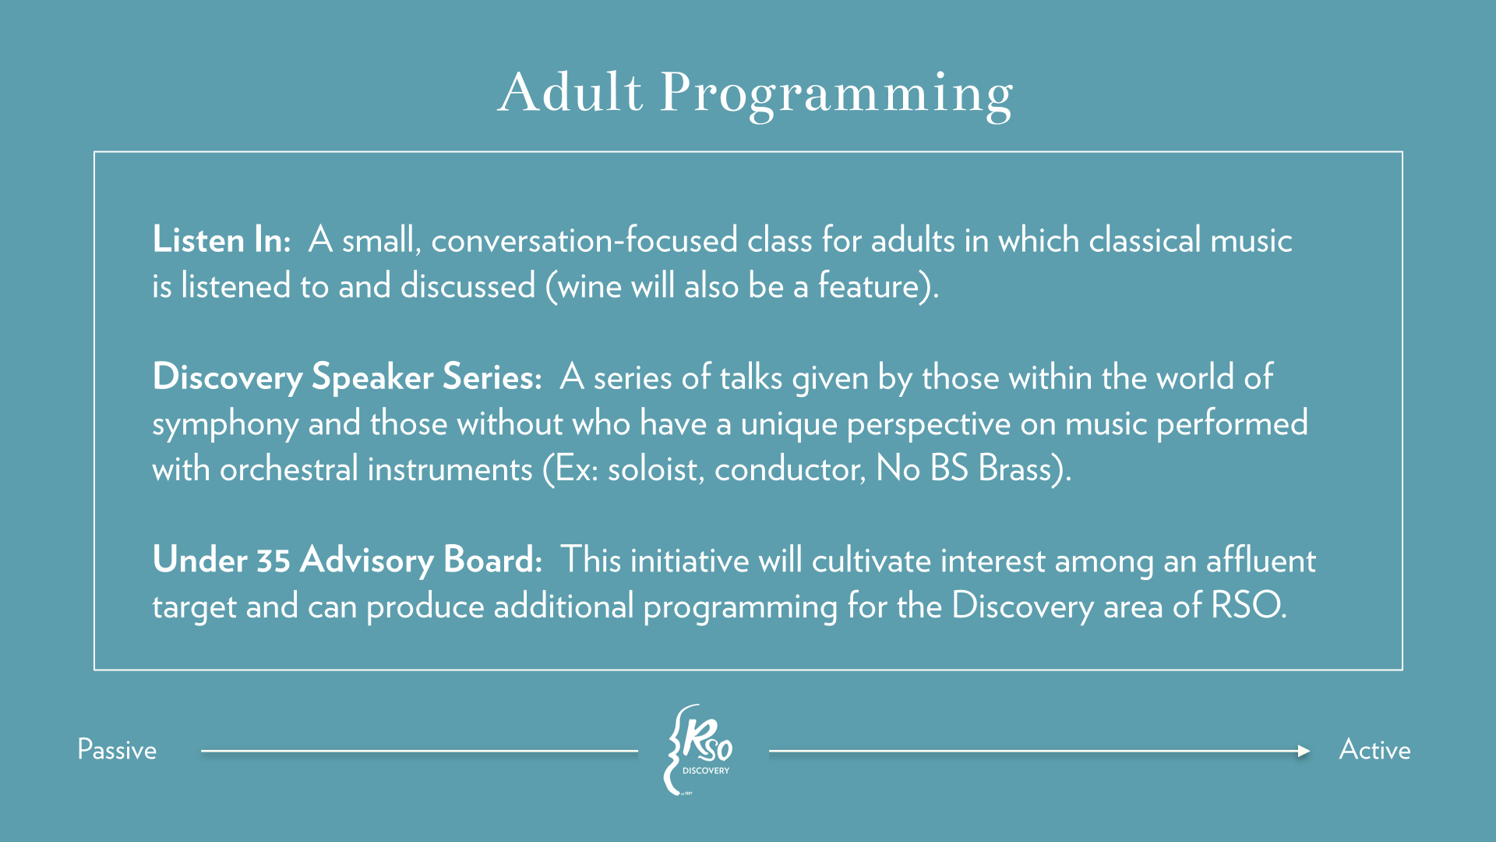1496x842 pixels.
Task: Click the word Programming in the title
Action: [x=837, y=95]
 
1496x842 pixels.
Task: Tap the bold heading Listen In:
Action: [x=222, y=239]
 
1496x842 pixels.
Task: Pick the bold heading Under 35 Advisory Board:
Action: [x=348, y=561]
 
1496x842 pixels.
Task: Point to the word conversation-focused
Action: [x=584, y=239]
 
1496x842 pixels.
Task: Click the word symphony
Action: [x=225, y=425]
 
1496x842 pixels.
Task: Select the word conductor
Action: [x=789, y=469]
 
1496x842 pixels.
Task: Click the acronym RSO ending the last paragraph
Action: [x=1244, y=606]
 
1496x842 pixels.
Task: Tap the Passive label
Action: [x=117, y=750]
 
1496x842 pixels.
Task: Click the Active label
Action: [x=1374, y=750]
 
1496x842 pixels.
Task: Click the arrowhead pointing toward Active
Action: [x=1304, y=752]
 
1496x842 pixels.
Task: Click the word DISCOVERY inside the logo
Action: [x=706, y=771]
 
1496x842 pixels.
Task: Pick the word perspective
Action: [x=929, y=425]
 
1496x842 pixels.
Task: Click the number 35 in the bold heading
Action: [x=273, y=561]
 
